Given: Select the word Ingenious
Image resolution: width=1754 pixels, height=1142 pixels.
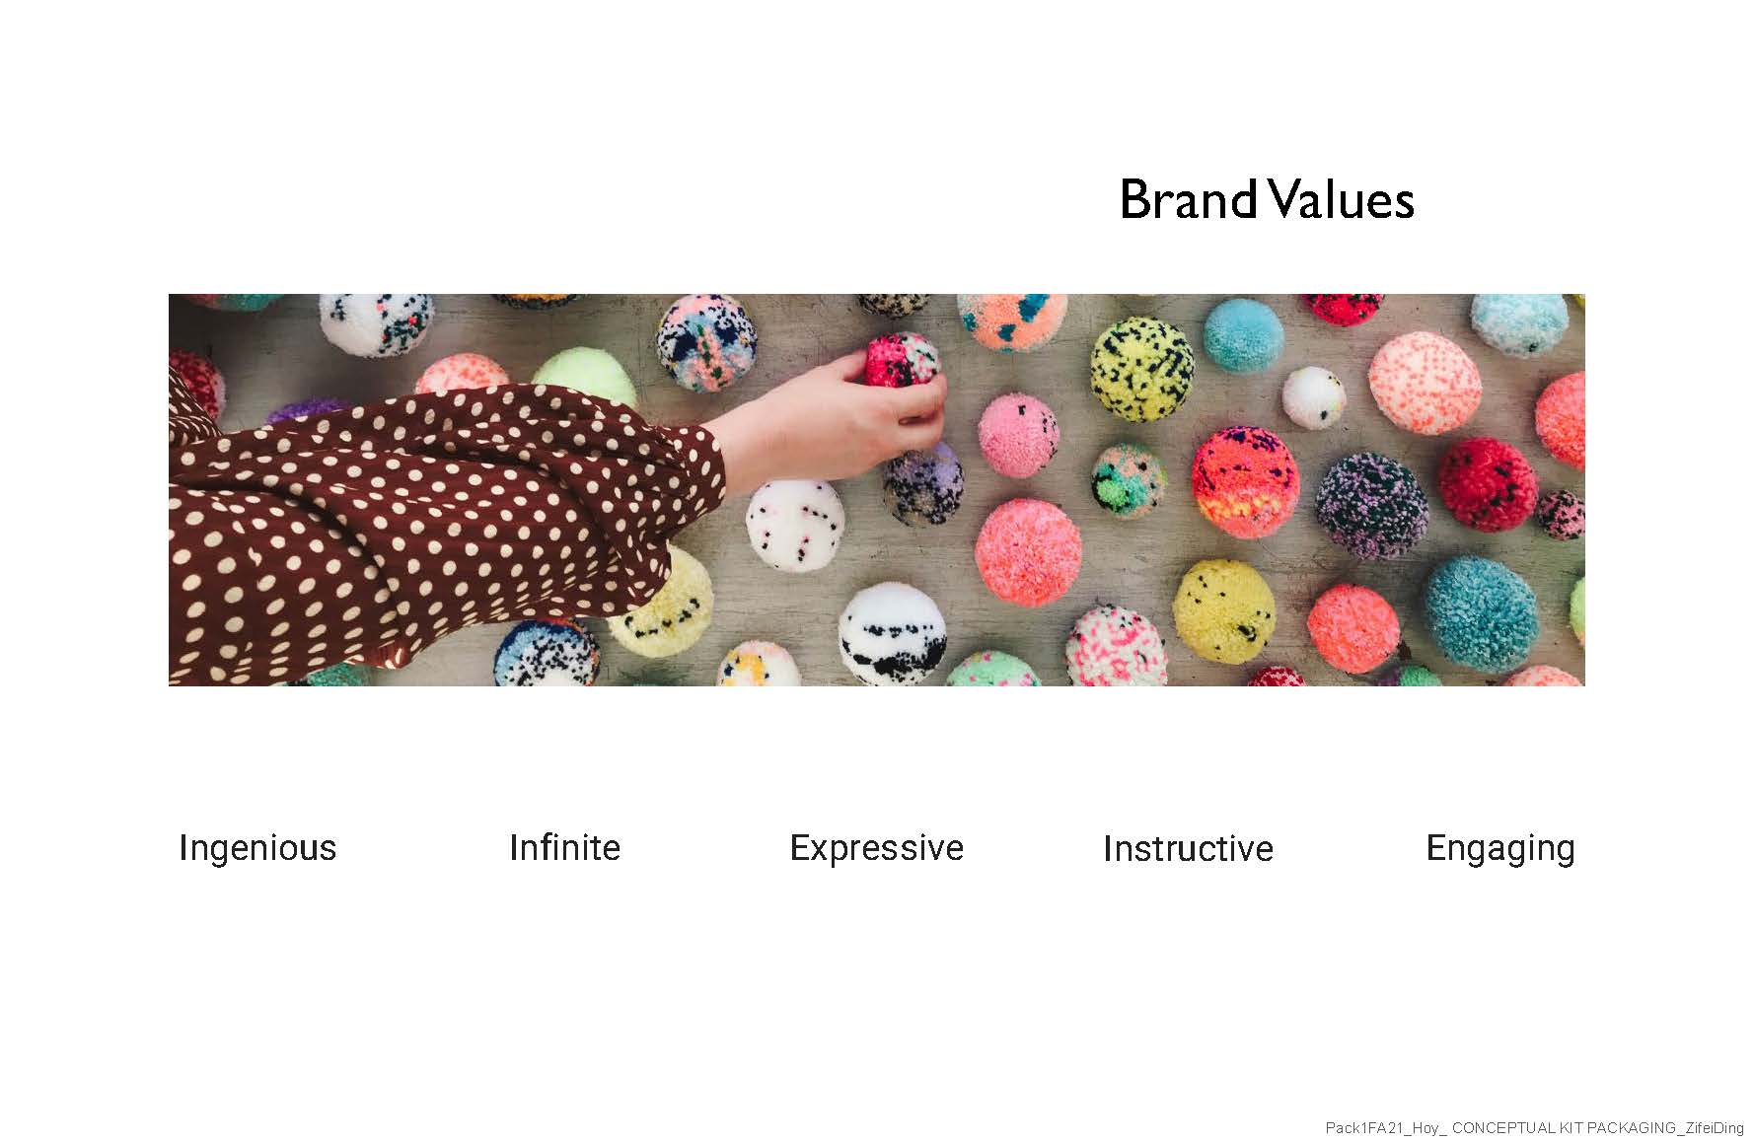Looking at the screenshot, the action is point(257,848).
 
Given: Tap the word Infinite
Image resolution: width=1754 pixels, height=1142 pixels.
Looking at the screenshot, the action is point(564,847).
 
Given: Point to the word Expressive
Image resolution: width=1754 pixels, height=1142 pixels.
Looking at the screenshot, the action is point(876,848).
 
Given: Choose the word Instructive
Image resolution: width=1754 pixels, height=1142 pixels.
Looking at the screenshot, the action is point(1188,848).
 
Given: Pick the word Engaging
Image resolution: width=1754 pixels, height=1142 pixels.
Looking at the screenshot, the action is point(1500,848).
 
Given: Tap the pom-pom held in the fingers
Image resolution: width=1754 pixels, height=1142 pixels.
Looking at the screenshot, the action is point(904,361).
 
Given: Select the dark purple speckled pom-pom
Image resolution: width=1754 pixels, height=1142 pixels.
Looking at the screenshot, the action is point(1371,506).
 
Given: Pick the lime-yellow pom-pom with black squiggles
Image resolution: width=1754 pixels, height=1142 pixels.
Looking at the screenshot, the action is point(1142,369).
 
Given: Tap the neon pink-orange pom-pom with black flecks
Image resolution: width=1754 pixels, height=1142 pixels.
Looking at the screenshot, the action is point(1245,482).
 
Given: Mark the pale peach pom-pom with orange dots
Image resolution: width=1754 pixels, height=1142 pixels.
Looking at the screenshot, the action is point(1425,383).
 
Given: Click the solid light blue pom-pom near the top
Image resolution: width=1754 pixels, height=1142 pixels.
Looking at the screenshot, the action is point(1244,336).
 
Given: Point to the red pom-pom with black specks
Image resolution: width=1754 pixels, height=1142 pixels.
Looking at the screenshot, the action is point(1487,484).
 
